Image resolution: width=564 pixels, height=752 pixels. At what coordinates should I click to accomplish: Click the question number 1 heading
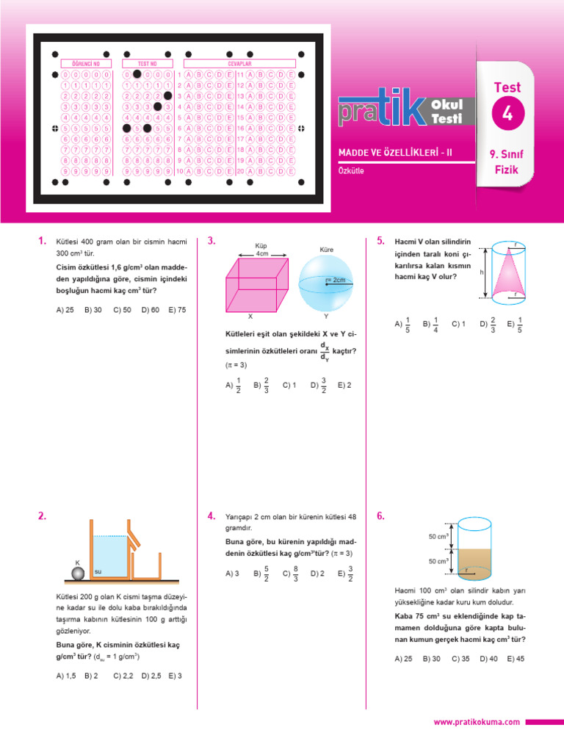point(42,241)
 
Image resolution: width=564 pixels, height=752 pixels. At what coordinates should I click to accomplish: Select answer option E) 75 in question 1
point(177,310)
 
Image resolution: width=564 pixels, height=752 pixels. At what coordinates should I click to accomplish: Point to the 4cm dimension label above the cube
point(262,253)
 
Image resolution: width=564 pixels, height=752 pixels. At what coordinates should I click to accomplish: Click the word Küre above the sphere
point(327,250)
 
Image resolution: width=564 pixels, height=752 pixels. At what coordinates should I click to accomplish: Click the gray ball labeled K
point(78,572)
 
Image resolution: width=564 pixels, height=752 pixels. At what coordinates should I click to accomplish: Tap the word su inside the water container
point(98,571)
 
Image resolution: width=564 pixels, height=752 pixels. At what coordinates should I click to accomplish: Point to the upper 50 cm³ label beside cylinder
point(438,537)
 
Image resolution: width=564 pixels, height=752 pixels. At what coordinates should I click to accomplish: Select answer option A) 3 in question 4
point(233,574)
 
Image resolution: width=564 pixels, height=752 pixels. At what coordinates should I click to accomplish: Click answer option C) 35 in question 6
point(460,659)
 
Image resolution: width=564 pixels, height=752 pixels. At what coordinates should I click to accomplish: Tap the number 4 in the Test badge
point(507,114)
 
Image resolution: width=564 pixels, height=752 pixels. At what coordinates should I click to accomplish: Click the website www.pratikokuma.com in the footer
point(477,723)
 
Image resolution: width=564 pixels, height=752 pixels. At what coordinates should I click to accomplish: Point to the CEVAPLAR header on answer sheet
point(239,63)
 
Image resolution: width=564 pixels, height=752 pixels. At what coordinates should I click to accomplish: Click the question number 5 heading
point(380,241)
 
